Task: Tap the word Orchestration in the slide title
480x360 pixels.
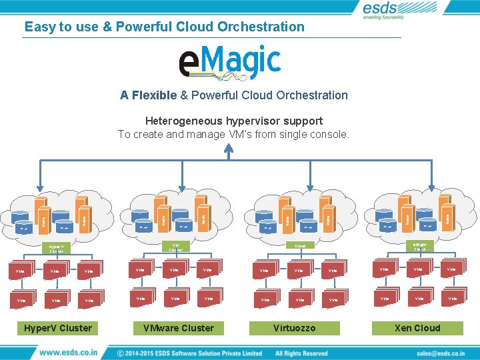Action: click(x=261, y=27)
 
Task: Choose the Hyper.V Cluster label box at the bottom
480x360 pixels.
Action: click(x=58, y=328)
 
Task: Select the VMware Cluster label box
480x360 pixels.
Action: click(x=179, y=328)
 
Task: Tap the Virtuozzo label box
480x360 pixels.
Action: click(x=294, y=328)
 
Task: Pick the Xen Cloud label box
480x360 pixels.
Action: click(x=417, y=328)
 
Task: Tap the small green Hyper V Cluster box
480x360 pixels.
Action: click(x=55, y=248)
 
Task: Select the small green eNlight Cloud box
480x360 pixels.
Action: click(x=420, y=247)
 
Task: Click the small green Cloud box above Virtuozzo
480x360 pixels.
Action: click(x=300, y=245)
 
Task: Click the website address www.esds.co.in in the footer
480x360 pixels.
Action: click(x=68, y=352)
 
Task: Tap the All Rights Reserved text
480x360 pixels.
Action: click(x=301, y=353)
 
